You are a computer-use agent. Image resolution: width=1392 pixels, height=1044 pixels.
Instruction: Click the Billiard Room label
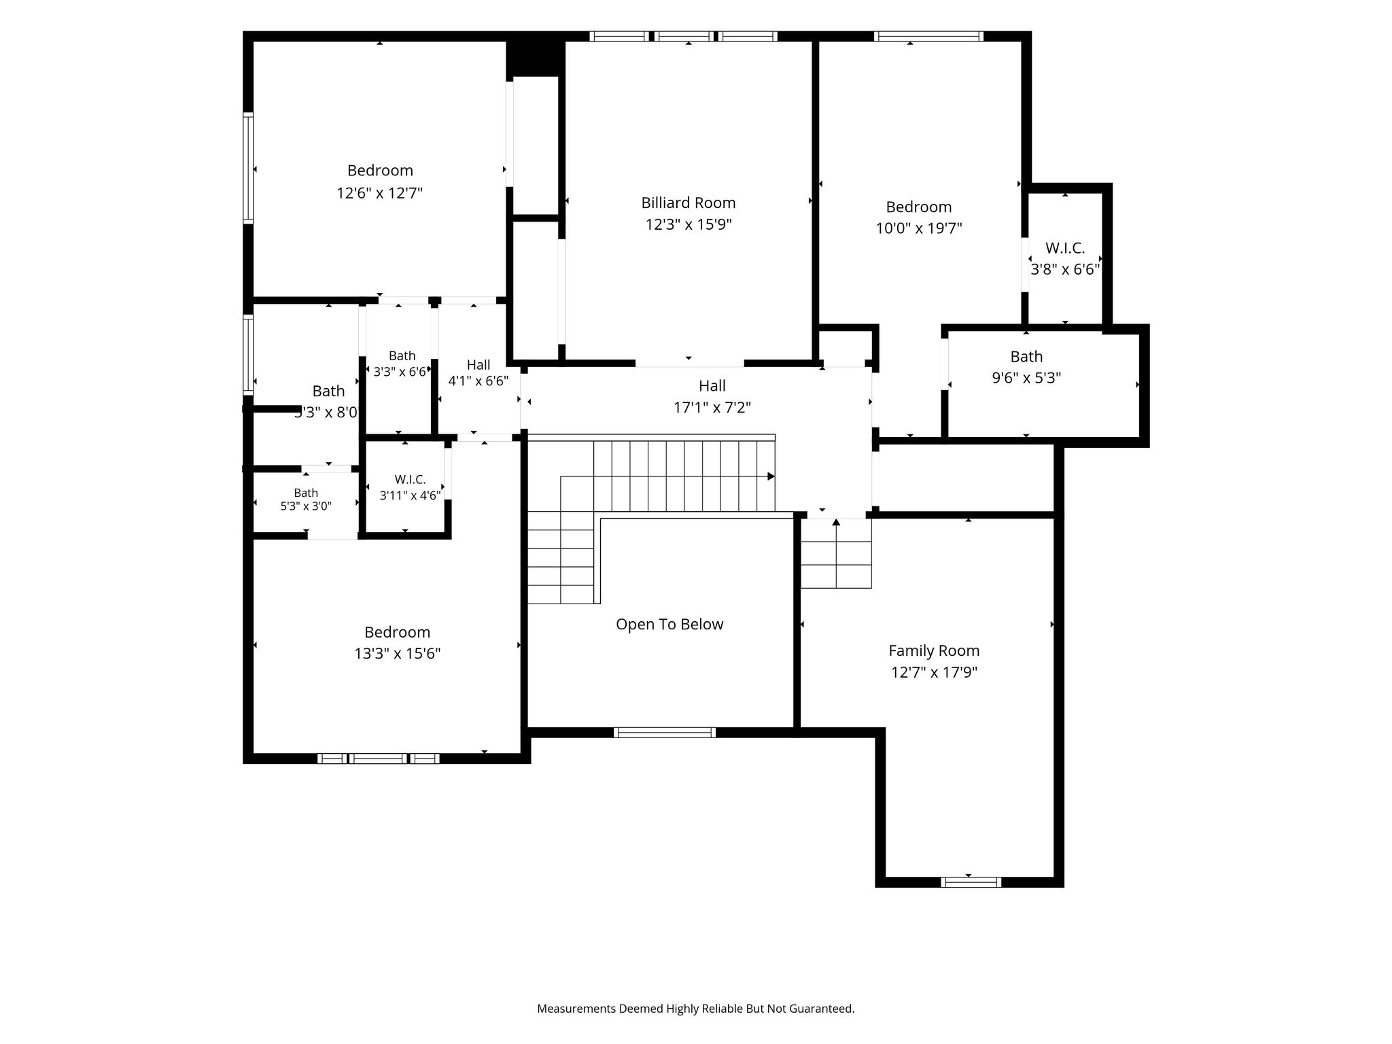point(689,203)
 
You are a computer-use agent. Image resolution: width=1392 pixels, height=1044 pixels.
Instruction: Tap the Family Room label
point(934,651)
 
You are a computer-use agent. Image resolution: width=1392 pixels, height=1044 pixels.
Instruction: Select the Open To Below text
point(669,625)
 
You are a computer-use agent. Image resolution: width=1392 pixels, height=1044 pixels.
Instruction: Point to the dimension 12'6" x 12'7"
point(380,193)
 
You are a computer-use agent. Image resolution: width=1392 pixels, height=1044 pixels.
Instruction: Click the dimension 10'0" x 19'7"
point(919,228)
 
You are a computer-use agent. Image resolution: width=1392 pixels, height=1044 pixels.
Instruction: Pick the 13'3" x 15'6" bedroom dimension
point(398,654)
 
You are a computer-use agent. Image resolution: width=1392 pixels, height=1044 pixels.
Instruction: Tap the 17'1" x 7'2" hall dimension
point(712,408)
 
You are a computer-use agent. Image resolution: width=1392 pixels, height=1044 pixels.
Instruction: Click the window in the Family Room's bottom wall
point(971,882)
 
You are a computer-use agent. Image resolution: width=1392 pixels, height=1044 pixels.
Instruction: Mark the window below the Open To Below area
point(664,732)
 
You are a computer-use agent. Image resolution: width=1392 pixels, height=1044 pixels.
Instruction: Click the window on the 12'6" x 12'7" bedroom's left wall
point(248,168)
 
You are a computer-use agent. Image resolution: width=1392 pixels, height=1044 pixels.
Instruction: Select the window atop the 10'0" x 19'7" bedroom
point(928,36)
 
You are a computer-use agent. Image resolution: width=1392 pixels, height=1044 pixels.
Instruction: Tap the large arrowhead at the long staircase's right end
point(771,476)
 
